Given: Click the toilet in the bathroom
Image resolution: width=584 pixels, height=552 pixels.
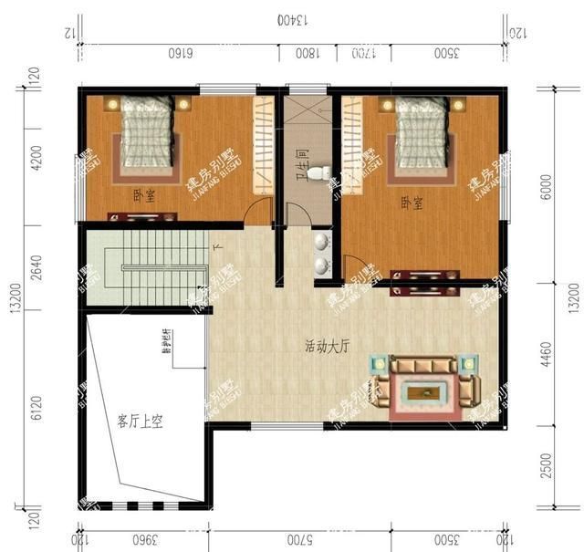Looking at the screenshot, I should pyautogui.click(x=315, y=172).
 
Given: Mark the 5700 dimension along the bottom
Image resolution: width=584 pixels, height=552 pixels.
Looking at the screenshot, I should pyautogui.click(x=300, y=537).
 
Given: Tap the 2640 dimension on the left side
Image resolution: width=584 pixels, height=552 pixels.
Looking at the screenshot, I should pyautogui.click(x=36, y=268).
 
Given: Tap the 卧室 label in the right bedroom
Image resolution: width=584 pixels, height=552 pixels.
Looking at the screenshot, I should pyautogui.click(x=411, y=203).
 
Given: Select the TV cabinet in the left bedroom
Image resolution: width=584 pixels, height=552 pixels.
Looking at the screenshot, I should pyautogui.click(x=141, y=217).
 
